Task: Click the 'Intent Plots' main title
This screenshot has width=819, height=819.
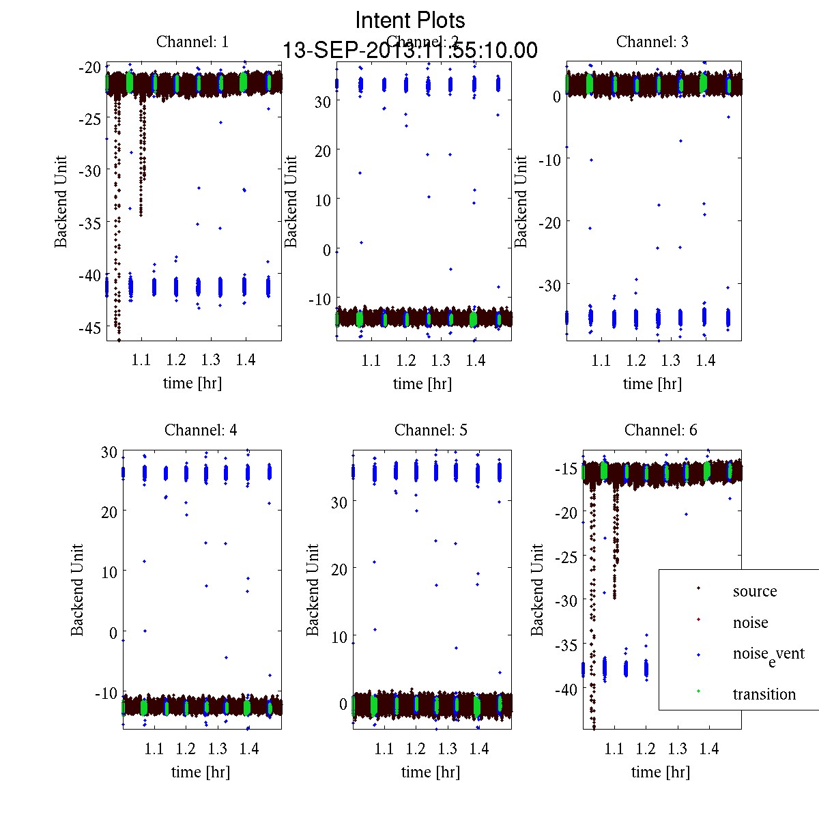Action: (x=410, y=20)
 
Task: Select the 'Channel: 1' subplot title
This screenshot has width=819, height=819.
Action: (x=192, y=42)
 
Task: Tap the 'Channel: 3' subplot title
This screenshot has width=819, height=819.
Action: (x=652, y=42)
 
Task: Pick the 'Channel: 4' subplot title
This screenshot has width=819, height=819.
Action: (x=201, y=430)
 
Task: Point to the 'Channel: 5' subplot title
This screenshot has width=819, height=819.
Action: (x=431, y=430)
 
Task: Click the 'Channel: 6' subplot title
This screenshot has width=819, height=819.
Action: (x=661, y=430)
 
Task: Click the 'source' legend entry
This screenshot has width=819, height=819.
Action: (x=754, y=591)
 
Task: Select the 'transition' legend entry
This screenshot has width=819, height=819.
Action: (x=764, y=694)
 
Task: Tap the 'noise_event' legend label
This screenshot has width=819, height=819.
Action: (x=768, y=655)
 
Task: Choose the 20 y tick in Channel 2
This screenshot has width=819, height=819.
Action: (x=322, y=151)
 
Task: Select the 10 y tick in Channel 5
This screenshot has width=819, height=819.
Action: (x=339, y=637)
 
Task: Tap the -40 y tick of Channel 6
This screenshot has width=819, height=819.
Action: (x=568, y=690)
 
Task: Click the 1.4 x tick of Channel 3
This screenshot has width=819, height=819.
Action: (x=706, y=360)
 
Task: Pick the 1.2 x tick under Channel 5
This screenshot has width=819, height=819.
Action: (x=416, y=749)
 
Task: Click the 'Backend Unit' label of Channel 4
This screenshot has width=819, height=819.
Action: (x=77, y=590)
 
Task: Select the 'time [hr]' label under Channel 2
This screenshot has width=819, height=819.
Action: (x=422, y=384)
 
